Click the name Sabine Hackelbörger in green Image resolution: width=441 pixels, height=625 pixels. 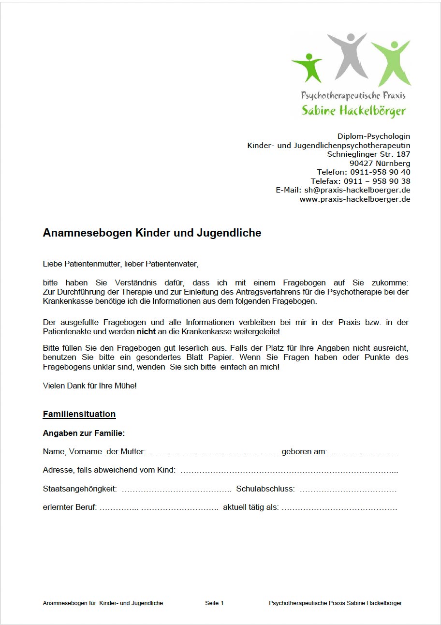click(x=353, y=110)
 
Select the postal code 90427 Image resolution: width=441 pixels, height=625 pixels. click(x=359, y=163)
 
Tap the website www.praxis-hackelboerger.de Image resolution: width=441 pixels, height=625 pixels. click(x=355, y=199)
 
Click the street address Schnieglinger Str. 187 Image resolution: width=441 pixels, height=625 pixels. click(x=368, y=154)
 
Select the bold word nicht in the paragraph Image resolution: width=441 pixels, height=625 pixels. click(x=146, y=332)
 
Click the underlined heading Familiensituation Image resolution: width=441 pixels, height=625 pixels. click(x=79, y=414)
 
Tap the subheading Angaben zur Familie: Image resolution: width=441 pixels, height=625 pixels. click(x=84, y=433)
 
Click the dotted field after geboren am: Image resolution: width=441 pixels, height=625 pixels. click(x=365, y=452)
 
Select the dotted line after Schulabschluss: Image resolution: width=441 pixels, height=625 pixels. click(x=348, y=489)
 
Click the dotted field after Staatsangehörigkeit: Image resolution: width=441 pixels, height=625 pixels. click(x=176, y=489)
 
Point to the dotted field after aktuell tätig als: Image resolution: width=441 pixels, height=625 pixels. click(x=339, y=508)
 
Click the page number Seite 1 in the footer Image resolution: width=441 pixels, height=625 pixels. click(x=214, y=603)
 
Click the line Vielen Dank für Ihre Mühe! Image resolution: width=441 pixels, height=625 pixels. click(x=90, y=386)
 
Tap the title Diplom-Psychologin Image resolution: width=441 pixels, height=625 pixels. click(x=374, y=136)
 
